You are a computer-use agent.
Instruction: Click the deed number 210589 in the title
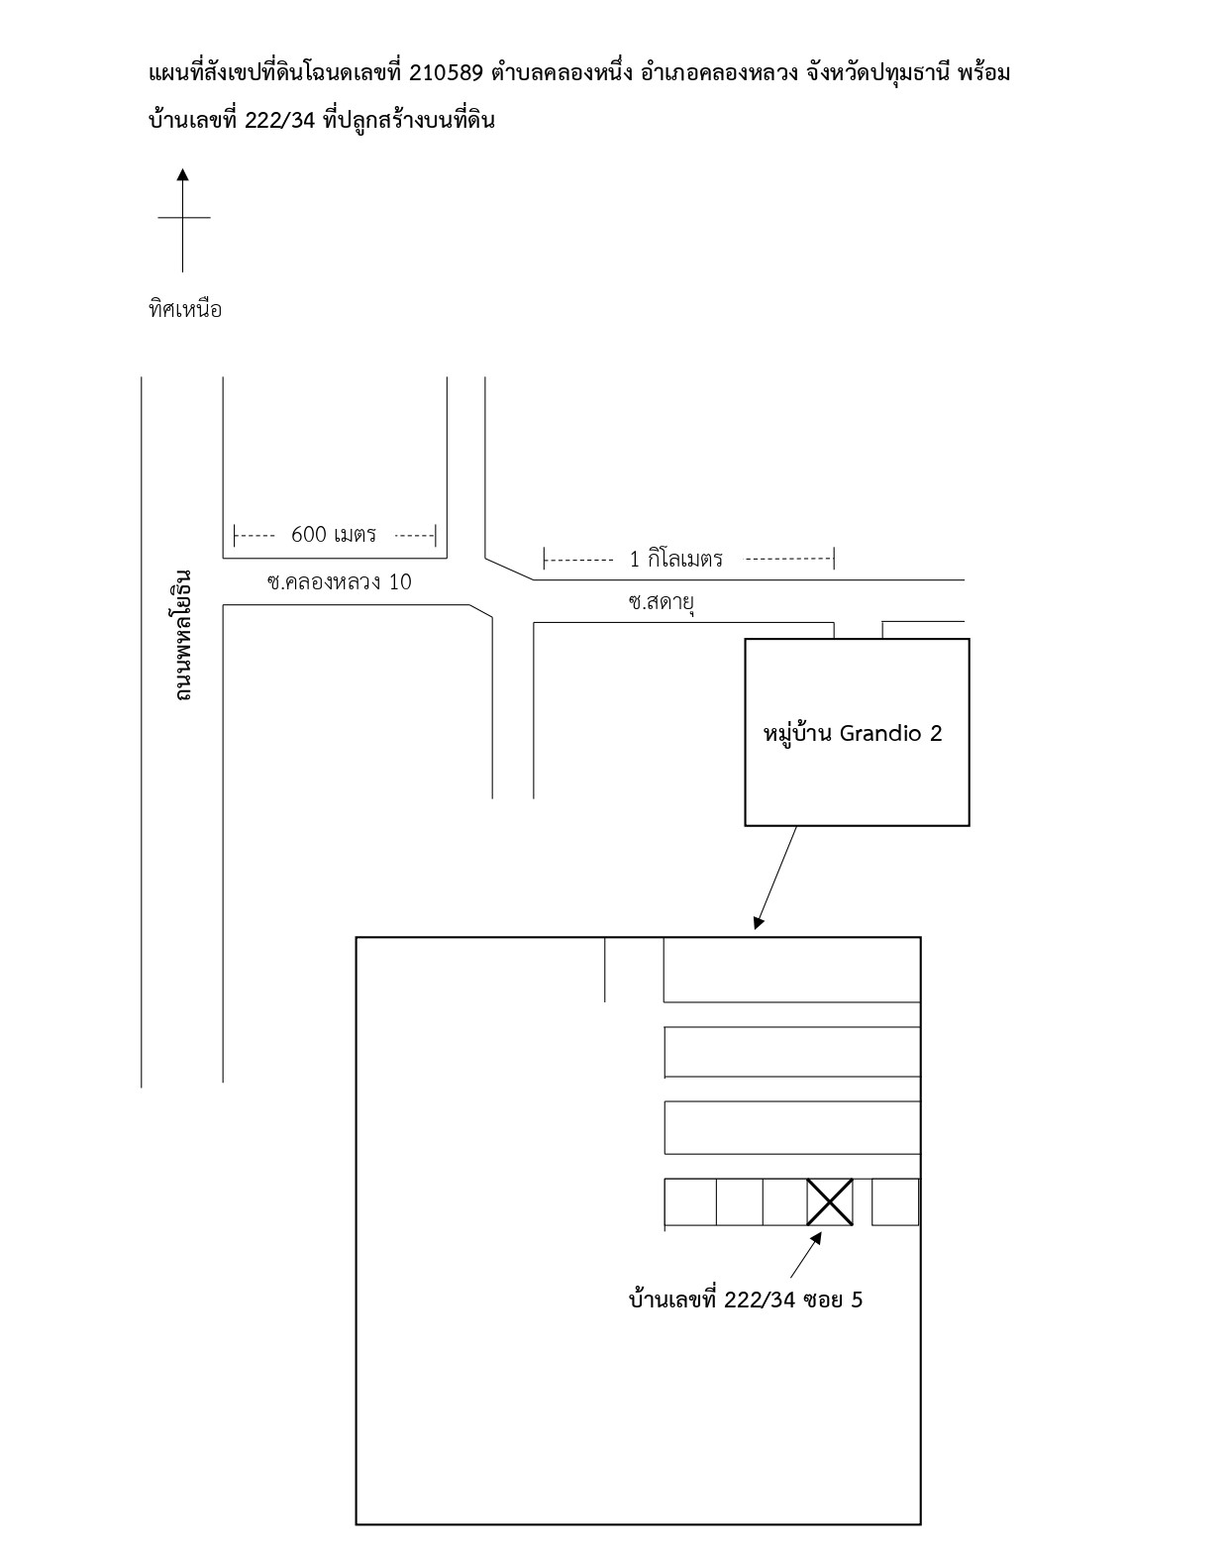pos(446,74)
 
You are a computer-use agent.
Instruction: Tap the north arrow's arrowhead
pos(183,174)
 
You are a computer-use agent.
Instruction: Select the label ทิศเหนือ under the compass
pos(185,310)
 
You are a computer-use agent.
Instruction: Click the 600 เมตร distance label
pos(334,535)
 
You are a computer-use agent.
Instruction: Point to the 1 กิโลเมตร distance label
pos(675,559)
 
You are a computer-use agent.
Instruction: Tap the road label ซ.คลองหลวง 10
pos(339,582)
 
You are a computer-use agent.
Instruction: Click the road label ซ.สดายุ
pos(662,602)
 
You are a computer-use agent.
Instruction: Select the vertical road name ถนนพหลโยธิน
pos(182,636)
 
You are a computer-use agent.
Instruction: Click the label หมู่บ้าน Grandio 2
pos(853,734)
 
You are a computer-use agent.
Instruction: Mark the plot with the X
pos(830,1201)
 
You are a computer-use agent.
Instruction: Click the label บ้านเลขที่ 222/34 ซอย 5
pos(746,1300)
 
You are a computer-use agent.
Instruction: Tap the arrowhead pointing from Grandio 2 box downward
pos(758,923)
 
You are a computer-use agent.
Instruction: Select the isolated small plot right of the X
pos(894,1201)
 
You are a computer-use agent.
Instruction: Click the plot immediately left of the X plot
pos(784,1201)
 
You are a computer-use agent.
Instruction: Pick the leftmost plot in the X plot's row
pos(690,1201)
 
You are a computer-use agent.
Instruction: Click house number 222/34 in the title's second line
pos(280,120)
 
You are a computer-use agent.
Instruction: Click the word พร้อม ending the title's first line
pos(984,74)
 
